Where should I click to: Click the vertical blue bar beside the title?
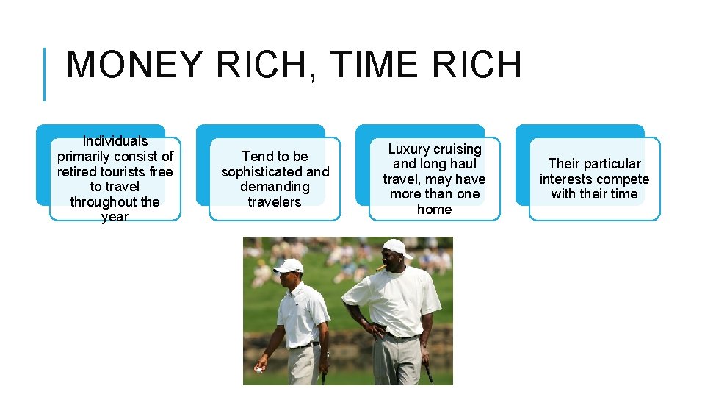point(45,74)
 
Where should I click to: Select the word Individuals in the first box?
point(115,141)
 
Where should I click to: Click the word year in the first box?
point(115,217)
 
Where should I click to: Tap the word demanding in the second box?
point(275,187)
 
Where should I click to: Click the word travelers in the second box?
point(275,201)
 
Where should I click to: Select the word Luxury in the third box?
point(409,149)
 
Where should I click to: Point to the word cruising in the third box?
point(457,149)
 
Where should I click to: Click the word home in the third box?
point(434,210)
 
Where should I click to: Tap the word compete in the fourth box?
point(623,179)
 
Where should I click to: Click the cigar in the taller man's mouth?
point(380,269)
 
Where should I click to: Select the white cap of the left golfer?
point(289,265)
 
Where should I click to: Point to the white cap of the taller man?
point(397,247)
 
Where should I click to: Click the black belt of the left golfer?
point(303,345)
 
